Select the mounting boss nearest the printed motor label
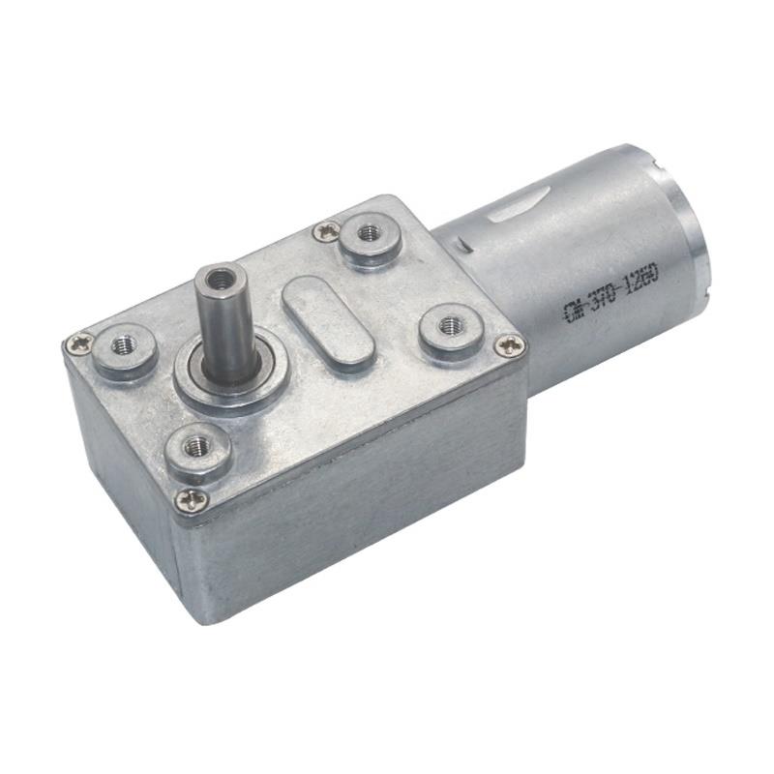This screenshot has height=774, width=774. tap(449, 326)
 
